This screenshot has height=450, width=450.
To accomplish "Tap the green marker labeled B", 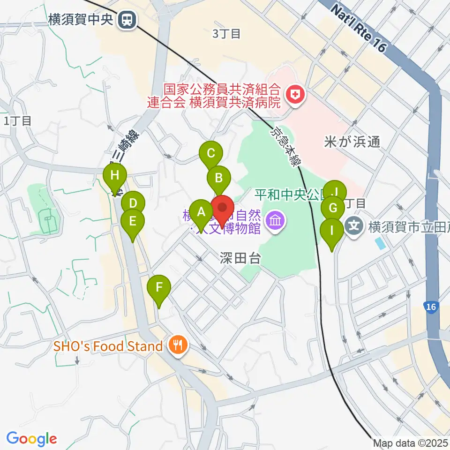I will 219,178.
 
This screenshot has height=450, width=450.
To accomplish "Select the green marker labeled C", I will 210,153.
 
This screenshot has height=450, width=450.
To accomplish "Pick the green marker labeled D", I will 133,204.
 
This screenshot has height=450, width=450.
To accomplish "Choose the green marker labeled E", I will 133,221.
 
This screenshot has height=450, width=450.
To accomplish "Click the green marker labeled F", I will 159,287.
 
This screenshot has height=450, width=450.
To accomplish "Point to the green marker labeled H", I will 115,177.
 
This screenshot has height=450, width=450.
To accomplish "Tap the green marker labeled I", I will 332,231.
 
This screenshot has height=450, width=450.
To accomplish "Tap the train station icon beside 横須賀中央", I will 126,20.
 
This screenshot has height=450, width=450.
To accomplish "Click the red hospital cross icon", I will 295,96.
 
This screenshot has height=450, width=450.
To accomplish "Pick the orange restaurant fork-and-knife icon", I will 178,346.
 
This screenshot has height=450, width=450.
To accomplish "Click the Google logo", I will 31,439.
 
